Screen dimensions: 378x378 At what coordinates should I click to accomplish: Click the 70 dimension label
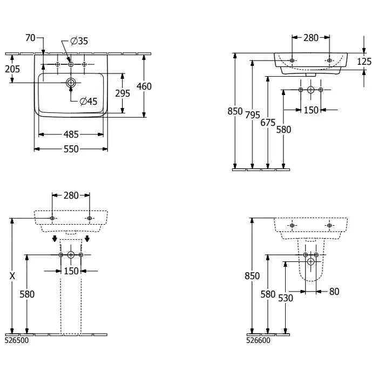pos(30,38)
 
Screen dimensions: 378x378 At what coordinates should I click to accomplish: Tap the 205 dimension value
pos(12,69)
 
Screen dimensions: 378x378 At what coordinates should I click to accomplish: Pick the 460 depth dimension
pos(144,86)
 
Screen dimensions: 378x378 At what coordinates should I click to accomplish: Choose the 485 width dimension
pos(71,134)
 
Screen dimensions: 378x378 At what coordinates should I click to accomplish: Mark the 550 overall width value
pos(71,148)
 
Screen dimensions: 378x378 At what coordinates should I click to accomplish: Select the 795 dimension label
pos(253,115)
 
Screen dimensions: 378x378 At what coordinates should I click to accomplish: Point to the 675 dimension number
pos(268,123)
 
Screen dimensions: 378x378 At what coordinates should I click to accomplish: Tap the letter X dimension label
pos(12,275)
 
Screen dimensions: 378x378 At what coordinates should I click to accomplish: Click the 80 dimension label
pos(334,292)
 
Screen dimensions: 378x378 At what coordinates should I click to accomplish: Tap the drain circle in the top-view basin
pos(71,83)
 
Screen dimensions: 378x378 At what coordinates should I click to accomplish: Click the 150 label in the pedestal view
pos(71,271)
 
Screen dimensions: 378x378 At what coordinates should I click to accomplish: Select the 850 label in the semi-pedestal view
pos(252,276)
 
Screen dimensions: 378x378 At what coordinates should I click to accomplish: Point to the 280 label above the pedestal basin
pos(71,195)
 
